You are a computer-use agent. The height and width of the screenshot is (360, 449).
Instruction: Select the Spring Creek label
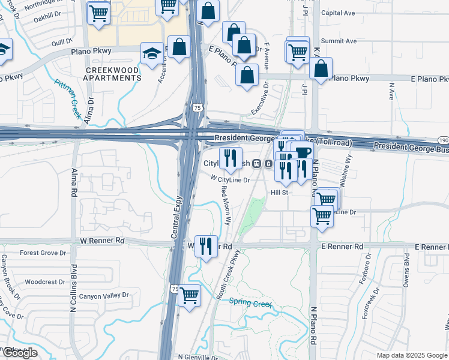pos(250,304)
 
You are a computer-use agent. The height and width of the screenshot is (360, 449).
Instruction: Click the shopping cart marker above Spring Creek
pos(189,295)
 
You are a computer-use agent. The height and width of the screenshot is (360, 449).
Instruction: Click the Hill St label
pos(280,193)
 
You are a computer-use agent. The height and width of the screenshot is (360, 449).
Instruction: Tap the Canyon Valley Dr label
pos(104,295)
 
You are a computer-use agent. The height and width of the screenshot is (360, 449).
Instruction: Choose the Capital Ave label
pos(338,13)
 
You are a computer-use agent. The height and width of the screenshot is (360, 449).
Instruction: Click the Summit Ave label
pos(339,41)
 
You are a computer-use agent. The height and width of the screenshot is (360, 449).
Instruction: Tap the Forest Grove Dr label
pos(43,253)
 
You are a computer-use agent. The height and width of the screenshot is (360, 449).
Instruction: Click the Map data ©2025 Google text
pos(412,355)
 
